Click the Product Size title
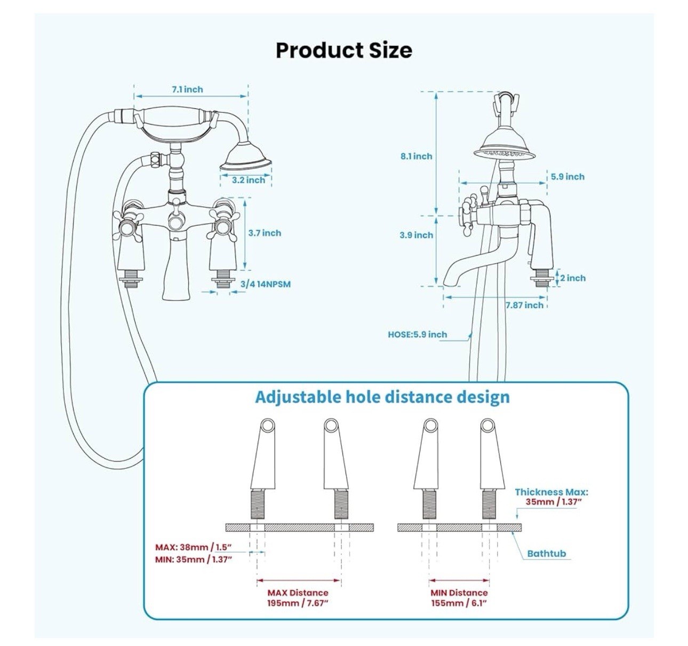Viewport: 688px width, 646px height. click(343, 51)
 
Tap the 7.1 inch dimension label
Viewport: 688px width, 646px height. click(187, 90)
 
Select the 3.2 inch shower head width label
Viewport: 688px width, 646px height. click(249, 180)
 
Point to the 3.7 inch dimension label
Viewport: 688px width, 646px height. click(265, 233)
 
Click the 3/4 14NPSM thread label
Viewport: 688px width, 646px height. click(266, 284)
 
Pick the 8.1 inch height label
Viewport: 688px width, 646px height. click(416, 156)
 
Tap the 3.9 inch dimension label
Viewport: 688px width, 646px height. click(416, 235)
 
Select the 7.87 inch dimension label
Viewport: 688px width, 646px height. click(524, 305)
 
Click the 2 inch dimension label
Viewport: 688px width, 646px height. click(573, 278)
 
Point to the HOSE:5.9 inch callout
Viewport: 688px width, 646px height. click(417, 334)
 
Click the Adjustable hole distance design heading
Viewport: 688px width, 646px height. click(382, 397)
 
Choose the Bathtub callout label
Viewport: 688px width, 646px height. click(546, 553)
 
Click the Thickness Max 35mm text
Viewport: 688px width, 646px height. click(551, 497)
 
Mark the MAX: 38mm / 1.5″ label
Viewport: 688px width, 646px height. click(193, 547)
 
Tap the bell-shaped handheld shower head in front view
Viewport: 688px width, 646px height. click(246, 157)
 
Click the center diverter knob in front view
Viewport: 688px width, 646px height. click(176, 221)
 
